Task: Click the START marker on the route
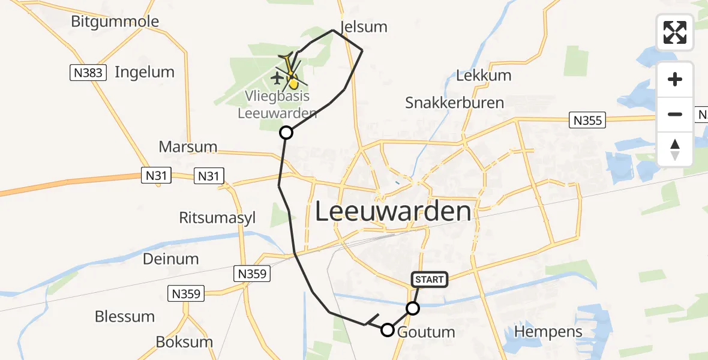429,279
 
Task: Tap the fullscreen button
675,32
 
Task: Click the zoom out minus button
675,114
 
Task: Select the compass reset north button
675,149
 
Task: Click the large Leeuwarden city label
393,212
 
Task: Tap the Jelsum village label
364,27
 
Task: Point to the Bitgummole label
115,22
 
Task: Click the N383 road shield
88,73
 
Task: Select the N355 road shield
587,121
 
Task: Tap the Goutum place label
426,332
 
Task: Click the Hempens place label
548,332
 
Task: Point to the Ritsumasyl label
217,218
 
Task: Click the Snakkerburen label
454,103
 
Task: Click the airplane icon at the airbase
278,77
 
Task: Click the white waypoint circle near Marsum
286,133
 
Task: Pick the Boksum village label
184,342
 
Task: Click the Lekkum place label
484,76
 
